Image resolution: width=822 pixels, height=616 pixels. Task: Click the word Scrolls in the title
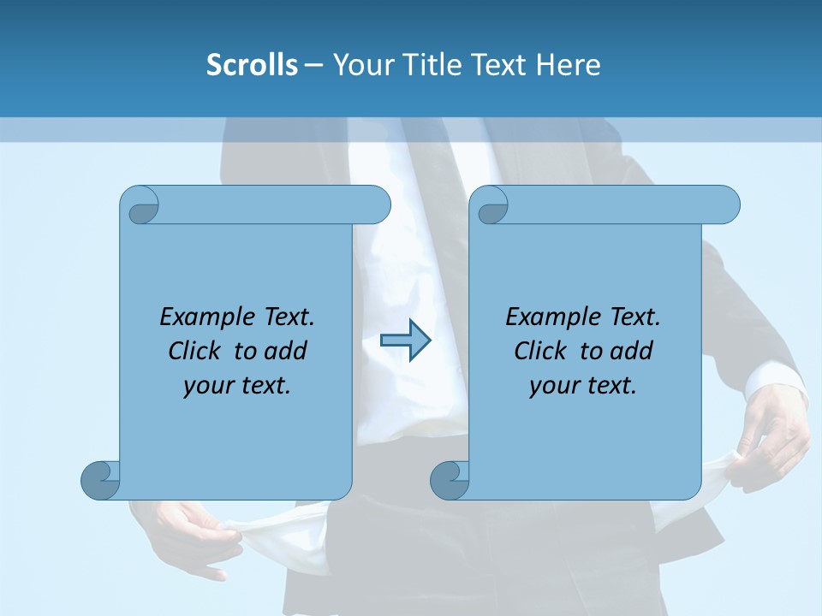252,65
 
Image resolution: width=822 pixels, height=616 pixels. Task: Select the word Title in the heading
432,65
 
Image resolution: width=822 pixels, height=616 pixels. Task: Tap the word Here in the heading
569,65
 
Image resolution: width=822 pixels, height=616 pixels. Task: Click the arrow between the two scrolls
405,341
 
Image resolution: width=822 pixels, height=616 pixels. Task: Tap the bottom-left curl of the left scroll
100,480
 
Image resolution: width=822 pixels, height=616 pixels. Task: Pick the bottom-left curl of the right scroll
450,480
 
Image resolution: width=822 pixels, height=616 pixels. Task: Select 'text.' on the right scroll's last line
611,386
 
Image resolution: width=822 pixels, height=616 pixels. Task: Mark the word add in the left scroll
285,351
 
